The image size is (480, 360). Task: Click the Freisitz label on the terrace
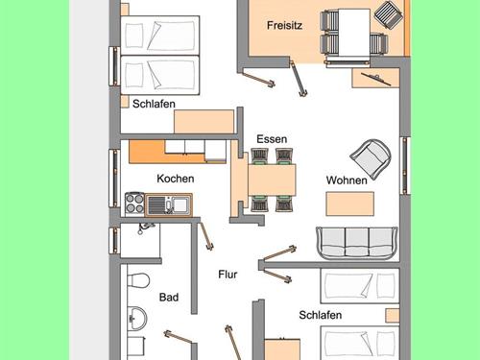click(x=284, y=25)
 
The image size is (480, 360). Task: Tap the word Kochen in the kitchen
click(x=176, y=179)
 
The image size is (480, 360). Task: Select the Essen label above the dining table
click(x=272, y=139)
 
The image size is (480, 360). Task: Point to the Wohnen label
click(x=347, y=180)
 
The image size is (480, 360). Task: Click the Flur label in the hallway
click(x=228, y=275)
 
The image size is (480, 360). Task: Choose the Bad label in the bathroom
click(x=169, y=298)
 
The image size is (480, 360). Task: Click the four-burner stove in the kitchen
click(x=134, y=204)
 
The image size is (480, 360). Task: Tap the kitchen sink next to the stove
click(x=169, y=204)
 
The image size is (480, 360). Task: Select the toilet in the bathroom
click(x=138, y=280)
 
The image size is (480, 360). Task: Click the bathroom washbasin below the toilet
click(x=137, y=319)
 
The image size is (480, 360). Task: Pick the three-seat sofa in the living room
click(x=357, y=244)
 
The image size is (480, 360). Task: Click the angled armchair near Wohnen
click(x=372, y=158)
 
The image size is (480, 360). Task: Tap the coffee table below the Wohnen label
click(x=349, y=204)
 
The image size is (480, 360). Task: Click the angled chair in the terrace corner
click(x=389, y=15)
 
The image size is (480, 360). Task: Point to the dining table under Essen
click(x=272, y=180)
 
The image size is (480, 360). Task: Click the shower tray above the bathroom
click(x=140, y=240)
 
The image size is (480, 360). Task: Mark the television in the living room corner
click(x=376, y=79)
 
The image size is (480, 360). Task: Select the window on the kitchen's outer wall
click(x=114, y=179)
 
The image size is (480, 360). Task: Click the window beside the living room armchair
click(x=405, y=165)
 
